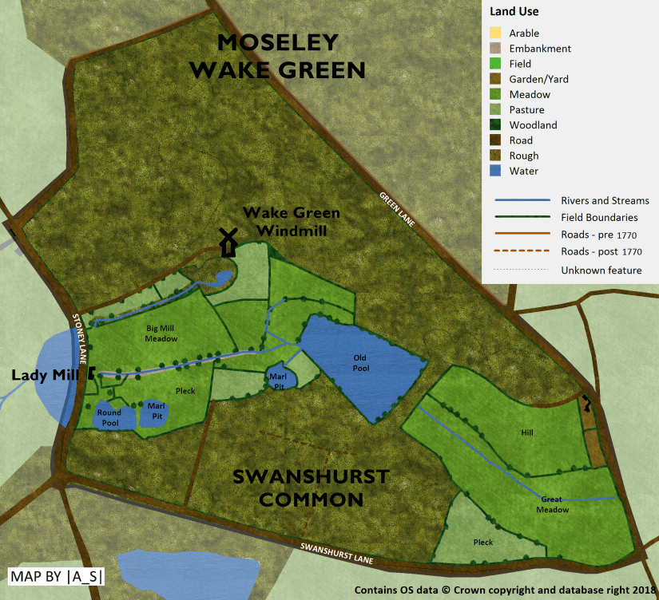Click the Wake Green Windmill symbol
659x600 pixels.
coord(228,242)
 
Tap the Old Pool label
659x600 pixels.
coord(361,363)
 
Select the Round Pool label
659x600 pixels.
coord(109,417)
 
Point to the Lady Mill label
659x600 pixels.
coord(43,374)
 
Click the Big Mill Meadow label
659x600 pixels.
coord(161,334)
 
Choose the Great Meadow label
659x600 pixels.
coord(553,504)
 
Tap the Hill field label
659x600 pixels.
coord(526,432)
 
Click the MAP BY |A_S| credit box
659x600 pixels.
coord(57,577)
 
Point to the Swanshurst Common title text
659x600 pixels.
coord(310,488)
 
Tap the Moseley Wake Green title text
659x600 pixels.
coord(277,56)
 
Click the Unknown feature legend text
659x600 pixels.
coord(601,270)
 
